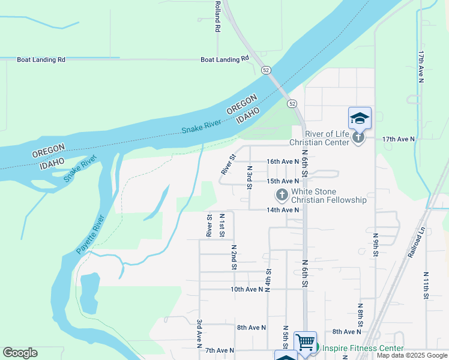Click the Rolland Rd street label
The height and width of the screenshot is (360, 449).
[x=217, y=16]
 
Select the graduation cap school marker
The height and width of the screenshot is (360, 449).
[x=360, y=118]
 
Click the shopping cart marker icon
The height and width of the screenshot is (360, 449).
[x=305, y=343]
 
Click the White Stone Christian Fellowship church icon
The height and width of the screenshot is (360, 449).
[x=282, y=194]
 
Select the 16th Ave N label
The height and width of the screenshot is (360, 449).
[x=283, y=162]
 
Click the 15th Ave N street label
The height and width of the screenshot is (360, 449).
[x=283, y=181]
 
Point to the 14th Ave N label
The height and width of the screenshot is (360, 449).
[x=283, y=210]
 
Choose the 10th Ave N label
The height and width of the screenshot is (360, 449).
[x=247, y=289]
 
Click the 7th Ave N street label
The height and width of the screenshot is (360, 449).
[x=219, y=350]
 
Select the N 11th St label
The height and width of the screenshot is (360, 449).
[x=426, y=284]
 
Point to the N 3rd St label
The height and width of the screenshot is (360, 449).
[x=249, y=178]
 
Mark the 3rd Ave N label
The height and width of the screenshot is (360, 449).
[x=198, y=334]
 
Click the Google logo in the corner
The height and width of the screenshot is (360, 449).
[x=20, y=353]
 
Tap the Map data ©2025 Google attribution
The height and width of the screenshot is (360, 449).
[x=412, y=356]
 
